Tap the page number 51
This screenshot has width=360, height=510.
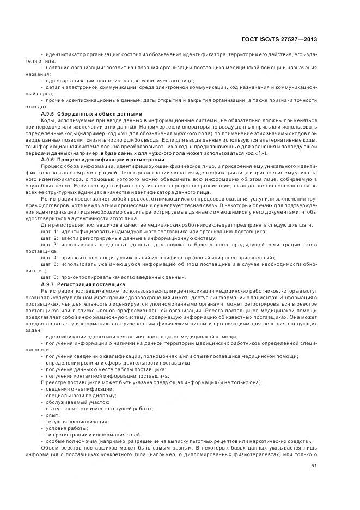[314, 466]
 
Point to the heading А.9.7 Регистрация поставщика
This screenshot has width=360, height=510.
[83, 284]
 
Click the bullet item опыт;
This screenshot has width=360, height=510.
[53, 415]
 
